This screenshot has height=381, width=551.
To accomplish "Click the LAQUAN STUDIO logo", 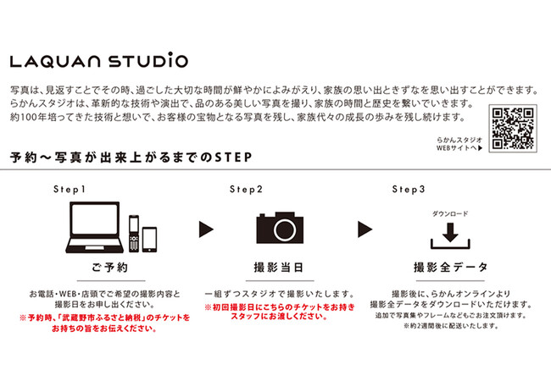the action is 98,60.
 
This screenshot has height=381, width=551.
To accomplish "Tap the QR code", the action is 513,128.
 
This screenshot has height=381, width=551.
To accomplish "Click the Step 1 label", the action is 70,190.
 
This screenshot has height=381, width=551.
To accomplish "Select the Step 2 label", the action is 246,190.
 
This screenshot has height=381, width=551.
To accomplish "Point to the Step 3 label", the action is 409,190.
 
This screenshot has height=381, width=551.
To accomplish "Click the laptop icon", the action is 94,227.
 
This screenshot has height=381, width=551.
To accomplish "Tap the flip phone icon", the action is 134,234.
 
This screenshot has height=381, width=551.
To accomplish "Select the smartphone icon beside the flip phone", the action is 149,240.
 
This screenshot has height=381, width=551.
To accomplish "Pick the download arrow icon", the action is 450,236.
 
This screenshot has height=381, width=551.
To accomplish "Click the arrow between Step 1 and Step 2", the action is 206,229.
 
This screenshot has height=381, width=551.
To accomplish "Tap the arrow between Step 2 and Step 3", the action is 365,229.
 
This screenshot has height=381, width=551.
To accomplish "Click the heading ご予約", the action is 110,268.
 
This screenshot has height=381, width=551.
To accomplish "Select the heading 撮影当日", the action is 279,268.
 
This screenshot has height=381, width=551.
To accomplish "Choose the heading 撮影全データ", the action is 451,268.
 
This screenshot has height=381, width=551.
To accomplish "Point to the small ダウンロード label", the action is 450,213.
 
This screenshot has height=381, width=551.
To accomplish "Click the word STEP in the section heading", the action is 233,157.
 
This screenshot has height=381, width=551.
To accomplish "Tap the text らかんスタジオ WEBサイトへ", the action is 459,144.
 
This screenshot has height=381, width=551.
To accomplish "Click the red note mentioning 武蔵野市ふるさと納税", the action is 104,323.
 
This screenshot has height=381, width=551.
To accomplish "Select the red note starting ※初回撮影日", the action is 280,312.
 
